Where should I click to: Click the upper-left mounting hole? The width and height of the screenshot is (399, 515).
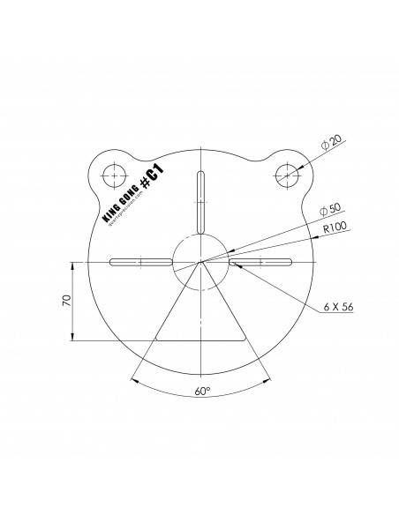click(112, 173)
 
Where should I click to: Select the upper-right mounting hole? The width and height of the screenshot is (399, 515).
click(288, 173)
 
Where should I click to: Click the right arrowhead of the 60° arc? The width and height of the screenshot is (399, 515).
click(269, 381)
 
